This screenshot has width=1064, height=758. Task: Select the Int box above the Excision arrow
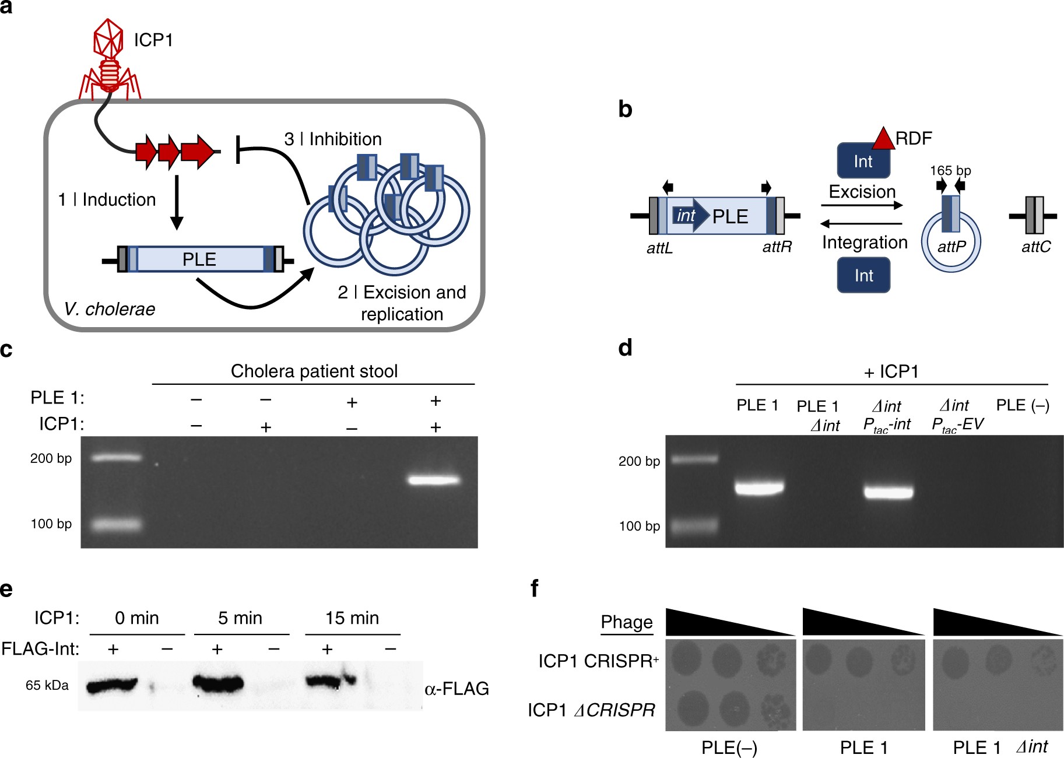pos(863,162)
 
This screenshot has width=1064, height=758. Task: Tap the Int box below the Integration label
pos(863,275)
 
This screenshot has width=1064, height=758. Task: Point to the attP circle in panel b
pos(951,243)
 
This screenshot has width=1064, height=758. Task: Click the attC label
pos(1035,247)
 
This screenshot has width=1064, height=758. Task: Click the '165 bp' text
pos(950,171)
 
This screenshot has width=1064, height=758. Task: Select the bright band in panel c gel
pos(434,480)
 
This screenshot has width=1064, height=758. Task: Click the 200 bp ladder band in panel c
pos(117,458)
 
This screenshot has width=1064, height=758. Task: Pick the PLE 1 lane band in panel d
pos(759,487)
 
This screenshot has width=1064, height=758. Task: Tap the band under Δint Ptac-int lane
pos(889,492)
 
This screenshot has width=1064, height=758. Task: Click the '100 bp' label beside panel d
pos(639,527)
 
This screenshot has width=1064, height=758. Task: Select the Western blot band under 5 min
pos(217,683)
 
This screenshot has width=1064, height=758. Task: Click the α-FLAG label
pos(456,689)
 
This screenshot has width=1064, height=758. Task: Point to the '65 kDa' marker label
pos(47,686)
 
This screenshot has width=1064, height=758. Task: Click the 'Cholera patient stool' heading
pos(314,371)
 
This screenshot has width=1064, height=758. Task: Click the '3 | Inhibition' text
pos(333,139)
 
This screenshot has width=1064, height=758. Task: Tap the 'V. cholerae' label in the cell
pos(110,309)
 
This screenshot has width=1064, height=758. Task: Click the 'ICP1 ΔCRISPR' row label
pos(591,710)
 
